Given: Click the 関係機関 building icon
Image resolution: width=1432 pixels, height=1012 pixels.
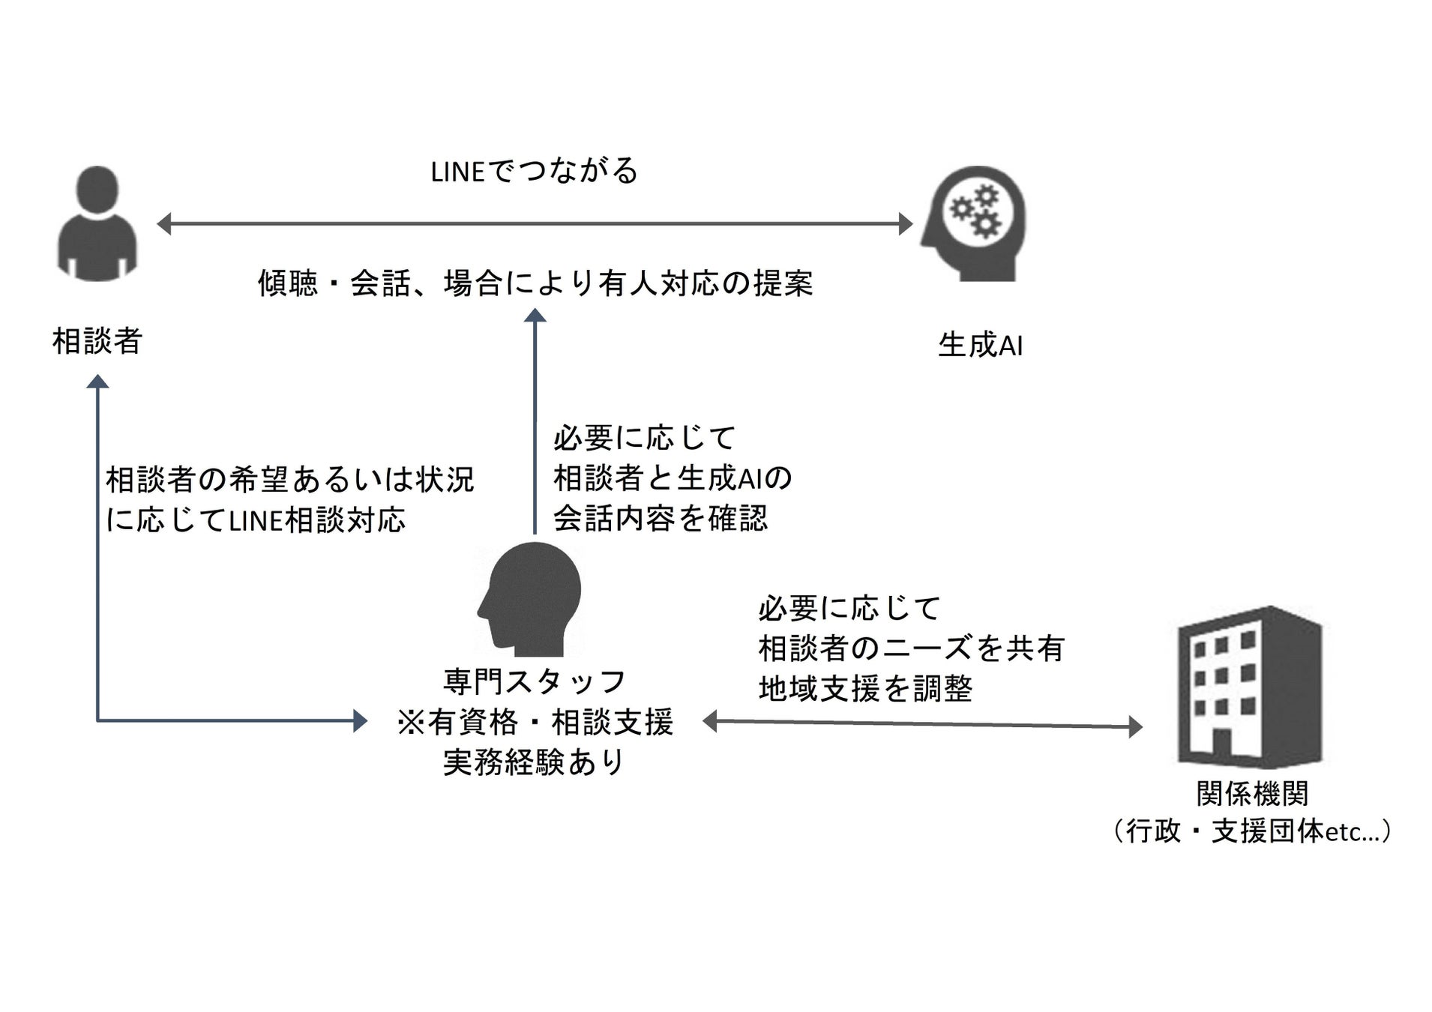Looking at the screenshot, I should tap(1249, 686).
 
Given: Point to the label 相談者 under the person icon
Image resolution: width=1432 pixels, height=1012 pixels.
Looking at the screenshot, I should tap(97, 342).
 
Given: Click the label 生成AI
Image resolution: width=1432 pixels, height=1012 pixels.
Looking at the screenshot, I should tap(980, 346).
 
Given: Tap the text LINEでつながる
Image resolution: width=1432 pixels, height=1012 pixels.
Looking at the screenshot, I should tap(534, 171).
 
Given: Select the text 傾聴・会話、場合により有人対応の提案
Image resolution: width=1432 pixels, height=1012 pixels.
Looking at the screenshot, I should tap(535, 283).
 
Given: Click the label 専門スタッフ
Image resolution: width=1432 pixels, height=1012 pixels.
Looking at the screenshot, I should tap(535, 681).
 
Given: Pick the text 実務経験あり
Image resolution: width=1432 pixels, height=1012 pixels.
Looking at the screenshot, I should tap(535, 762).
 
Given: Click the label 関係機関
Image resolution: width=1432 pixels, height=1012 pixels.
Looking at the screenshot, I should tap(1252, 793).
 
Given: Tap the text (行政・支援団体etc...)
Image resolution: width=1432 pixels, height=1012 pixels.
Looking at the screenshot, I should tap(1252, 831).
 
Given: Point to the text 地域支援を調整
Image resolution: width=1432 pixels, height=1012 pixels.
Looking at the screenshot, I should tap(865, 688).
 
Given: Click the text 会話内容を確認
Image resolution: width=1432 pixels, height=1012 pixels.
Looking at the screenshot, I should tap(661, 518).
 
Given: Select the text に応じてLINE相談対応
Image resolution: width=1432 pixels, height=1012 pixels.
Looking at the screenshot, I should tap(256, 519).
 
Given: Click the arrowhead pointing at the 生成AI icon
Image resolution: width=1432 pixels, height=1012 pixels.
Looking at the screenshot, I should tap(906, 223).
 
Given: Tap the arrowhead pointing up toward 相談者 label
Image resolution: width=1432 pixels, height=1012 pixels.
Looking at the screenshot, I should tap(97, 382).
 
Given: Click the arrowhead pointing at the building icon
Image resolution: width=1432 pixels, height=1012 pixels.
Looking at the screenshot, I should tap(1135, 726).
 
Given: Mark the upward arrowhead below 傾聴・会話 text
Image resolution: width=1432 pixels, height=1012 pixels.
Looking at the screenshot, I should tap(535, 316).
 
